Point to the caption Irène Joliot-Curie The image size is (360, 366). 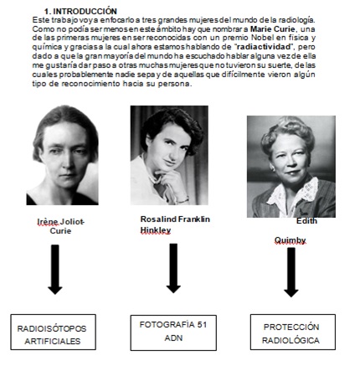pos(60,226)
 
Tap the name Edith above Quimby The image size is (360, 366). pos(307,220)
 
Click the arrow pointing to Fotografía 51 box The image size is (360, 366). pos(174,268)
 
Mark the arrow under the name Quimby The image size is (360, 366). pos(291,272)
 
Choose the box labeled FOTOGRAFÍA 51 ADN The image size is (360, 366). pos(174,332)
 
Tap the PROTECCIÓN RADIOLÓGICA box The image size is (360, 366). pos(291,332)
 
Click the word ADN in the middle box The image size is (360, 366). pos(174,338)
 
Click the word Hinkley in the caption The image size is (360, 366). pos(157,229)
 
